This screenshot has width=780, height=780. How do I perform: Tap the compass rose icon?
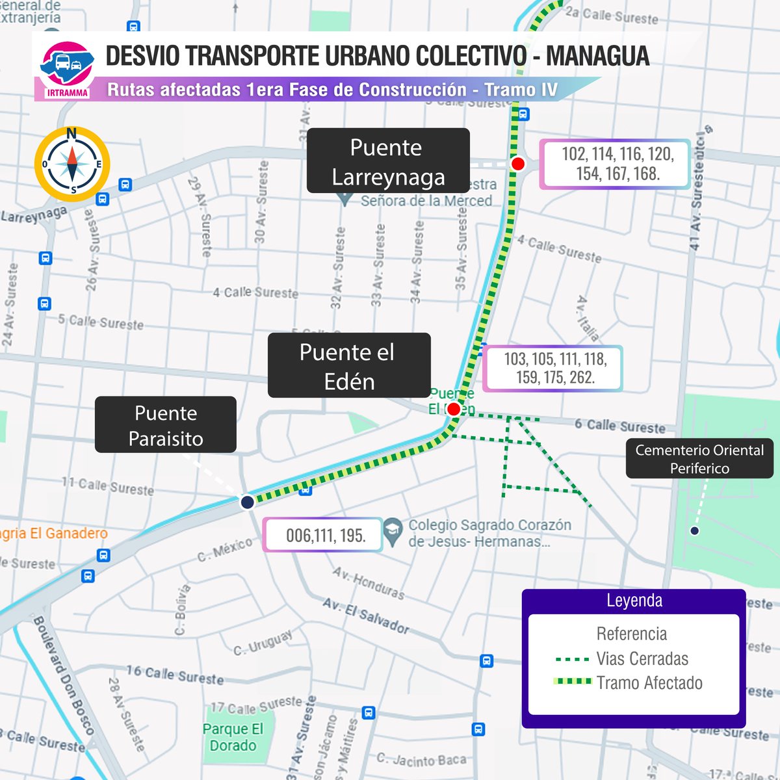(72, 164)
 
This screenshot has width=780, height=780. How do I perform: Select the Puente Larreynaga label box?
(388, 161)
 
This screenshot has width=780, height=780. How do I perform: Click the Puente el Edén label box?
(349, 366)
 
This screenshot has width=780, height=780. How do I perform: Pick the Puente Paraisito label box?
(166, 425)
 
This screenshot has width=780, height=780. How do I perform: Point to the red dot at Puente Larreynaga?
(517, 164)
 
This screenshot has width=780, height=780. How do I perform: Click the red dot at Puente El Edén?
(454, 409)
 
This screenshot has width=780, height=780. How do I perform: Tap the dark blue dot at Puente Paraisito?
(247, 502)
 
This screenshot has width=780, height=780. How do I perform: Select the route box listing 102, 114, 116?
(616, 164)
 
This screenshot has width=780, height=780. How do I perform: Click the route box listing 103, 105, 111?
(554, 368)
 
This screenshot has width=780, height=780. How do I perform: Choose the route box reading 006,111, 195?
(324, 536)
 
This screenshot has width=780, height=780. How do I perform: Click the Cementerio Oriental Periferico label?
(699, 459)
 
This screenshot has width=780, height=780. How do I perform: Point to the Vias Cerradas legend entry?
(642, 658)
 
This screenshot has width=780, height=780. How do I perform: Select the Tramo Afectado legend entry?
(649, 682)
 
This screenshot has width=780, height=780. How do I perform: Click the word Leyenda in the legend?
(634, 601)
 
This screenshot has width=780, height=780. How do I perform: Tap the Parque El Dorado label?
(233, 737)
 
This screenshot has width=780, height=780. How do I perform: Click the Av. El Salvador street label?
(366, 616)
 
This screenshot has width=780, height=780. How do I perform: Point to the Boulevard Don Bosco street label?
(64, 676)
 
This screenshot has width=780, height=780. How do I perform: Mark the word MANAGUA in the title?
(597, 56)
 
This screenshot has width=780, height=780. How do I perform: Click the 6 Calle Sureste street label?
(619, 426)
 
